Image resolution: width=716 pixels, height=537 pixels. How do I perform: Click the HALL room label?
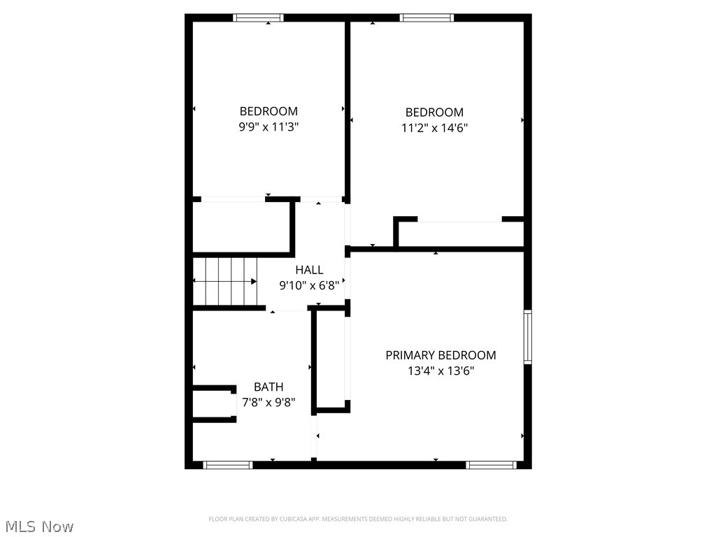point(309,270)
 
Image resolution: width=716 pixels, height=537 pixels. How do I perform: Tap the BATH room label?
point(268,387)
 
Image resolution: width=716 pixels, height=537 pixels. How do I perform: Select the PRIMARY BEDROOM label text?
point(441,355)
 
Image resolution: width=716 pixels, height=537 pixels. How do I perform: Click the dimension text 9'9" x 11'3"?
point(269,127)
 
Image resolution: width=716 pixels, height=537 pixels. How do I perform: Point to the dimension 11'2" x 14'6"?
point(434,128)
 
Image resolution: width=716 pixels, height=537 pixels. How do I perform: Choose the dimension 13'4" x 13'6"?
point(441,371)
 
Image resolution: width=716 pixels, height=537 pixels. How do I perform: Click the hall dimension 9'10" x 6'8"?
point(310,285)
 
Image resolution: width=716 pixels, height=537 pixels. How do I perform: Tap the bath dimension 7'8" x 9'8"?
point(268,403)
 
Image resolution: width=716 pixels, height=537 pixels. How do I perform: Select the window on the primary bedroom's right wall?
point(528,337)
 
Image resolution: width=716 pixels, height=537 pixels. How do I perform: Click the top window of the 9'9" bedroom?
point(258,17)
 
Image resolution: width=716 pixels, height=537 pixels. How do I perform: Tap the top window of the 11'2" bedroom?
point(427,17)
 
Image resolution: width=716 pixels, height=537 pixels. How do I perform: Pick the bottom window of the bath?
point(227,464)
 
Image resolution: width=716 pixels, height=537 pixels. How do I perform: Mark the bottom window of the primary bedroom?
point(491,464)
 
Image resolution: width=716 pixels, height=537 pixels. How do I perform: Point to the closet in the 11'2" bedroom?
point(460,234)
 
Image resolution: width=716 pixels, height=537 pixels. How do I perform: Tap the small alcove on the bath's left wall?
point(213,403)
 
